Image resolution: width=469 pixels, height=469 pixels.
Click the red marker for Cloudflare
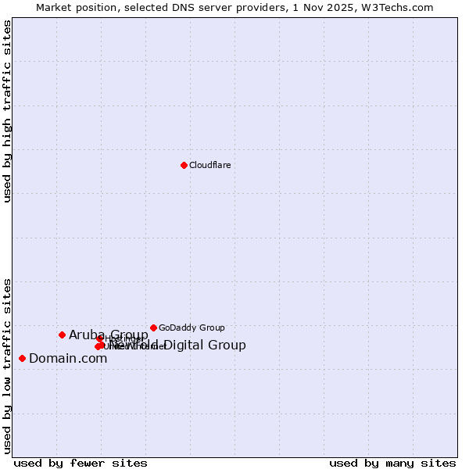pos(184,165)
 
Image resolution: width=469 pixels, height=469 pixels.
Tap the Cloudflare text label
pos(210,165)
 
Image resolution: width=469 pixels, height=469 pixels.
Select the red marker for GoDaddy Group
pos(153,328)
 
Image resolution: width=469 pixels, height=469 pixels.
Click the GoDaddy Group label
pos(192,328)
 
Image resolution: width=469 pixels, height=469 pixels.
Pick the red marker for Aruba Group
pos(62,335)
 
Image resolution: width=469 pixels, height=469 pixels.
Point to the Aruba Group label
pos(108,335)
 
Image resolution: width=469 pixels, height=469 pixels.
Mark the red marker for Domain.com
pos(22,358)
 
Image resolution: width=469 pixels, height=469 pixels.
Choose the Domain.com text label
pos(68,359)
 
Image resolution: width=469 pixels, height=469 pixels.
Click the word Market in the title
pos(55,7)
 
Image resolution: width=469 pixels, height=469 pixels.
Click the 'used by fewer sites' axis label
pos(81,463)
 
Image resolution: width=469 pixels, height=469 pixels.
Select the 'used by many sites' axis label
pos(392,463)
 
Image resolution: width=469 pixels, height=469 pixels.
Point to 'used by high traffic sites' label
pos(8,111)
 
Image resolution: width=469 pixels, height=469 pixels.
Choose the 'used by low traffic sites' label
pos(8,365)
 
